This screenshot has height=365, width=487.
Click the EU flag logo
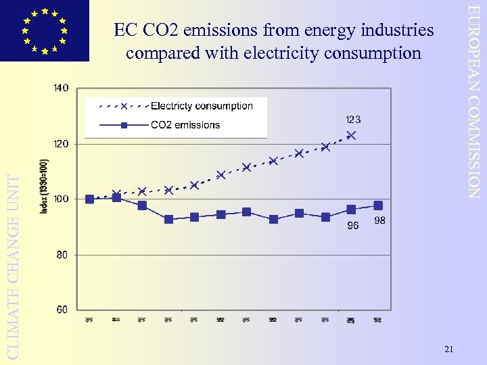(44, 30)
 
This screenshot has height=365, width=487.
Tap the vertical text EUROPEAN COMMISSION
(475, 101)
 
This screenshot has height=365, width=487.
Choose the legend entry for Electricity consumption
(201, 106)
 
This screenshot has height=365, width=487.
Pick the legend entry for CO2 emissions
(185, 125)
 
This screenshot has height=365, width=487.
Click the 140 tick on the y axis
(61, 89)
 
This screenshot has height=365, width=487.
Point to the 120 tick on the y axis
(61, 144)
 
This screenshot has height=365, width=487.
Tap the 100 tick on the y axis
(61, 199)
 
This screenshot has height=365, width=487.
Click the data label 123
(352, 120)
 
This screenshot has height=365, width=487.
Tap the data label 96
(352, 226)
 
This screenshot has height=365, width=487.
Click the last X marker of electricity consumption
(351, 135)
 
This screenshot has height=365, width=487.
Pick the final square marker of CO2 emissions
(377, 205)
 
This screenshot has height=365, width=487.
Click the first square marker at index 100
(90, 199)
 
